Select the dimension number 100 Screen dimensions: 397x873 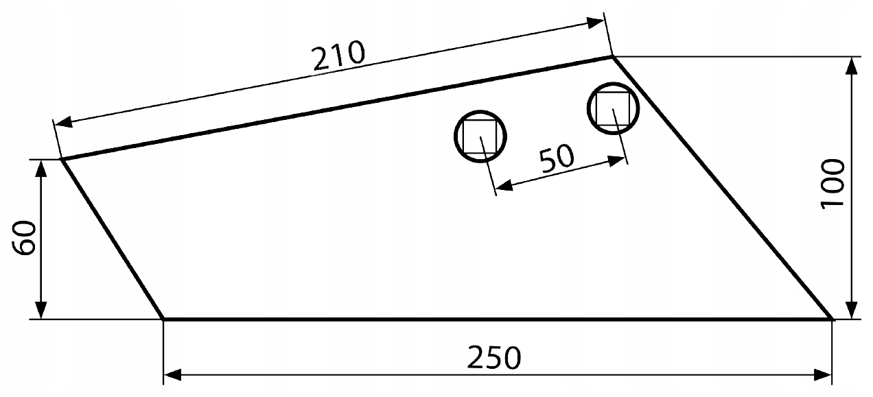point(831,183)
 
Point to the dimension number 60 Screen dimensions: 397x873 point(25,239)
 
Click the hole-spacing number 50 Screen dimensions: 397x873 point(556,159)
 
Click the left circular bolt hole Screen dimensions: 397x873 point(480,136)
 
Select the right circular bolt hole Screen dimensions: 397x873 point(613,108)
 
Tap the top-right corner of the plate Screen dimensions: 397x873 point(612,57)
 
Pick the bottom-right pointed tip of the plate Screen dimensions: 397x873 point(831,319)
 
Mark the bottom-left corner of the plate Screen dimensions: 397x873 point(163,319)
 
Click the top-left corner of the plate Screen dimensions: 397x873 point(62,160)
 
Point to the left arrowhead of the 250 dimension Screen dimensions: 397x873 point(172,375)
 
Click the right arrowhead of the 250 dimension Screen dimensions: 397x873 point(824,375)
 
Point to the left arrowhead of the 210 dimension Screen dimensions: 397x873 point(62,124)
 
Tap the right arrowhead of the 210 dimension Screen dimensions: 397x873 point(596,23)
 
